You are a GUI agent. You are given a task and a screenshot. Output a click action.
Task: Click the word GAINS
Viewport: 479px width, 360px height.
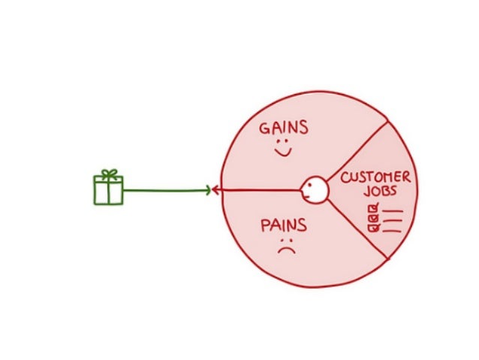(x=283, y=128)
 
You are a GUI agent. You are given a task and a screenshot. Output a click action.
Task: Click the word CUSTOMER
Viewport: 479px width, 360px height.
(x=375, y=179)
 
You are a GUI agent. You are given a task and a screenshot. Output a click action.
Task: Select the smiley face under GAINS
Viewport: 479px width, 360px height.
(x=282, y=149)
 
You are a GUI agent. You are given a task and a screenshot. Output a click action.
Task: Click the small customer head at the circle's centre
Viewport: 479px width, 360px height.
(x=313, y=189)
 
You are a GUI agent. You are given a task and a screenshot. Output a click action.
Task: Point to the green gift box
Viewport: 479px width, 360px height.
(x=108, y=191)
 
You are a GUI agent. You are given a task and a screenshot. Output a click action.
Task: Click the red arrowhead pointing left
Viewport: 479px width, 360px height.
(x=216, y=190)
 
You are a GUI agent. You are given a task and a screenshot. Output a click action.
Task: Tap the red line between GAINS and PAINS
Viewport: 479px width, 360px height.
(x=259, y=190)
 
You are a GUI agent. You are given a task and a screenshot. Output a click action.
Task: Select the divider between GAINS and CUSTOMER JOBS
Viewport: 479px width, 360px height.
(x=357, y=150)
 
